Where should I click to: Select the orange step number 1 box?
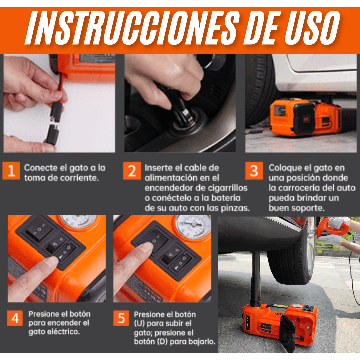pos(11,171)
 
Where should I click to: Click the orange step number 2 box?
pos(132,171)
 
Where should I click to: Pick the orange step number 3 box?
pos(254,171)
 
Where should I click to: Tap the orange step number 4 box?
pos(15,318)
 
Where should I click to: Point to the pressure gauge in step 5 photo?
pos(193,227)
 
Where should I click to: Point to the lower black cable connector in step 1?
pos(53,135)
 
